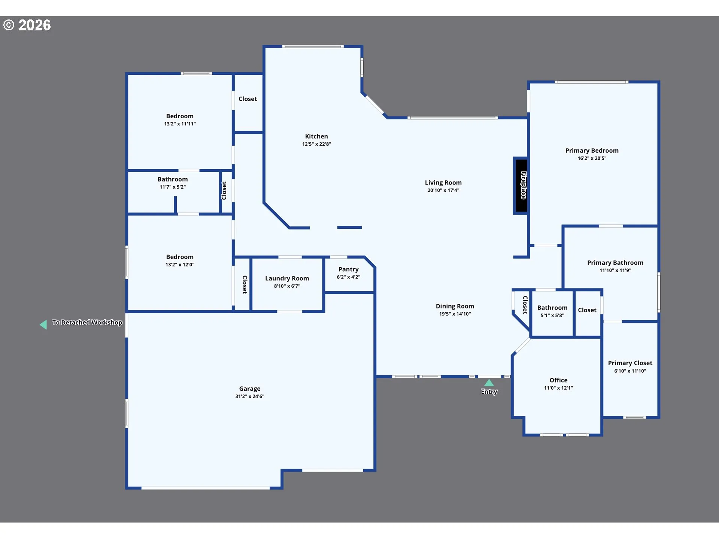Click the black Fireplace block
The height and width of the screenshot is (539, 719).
click(x=521, y=185)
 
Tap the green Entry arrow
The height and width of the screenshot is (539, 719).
click(x=489, y=383)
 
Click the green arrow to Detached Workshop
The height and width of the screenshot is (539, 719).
click(x=43, y=324)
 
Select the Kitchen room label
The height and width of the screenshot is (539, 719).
click(x=316, y=136)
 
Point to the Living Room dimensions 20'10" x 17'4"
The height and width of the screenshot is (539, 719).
click(x=443, y=190)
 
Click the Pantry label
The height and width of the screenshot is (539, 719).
click(x=348, y=269)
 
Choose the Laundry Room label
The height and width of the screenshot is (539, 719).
click(x=287, y=278)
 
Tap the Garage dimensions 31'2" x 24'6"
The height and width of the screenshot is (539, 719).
click(x=250, y=396)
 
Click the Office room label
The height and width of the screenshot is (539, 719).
click(x=558, y=380)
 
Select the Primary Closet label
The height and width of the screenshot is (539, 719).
click(x=630, y=363)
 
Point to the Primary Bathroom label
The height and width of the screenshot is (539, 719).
click(x=615, y=263)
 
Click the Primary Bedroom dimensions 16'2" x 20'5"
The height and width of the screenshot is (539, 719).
click(x=592, y=158)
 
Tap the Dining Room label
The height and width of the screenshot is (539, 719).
click(x=455, y=306)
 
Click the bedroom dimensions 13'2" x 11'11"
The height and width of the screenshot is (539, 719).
click(x=180, y=124)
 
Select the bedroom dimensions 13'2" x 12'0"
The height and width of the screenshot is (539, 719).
click(x=180, y=265)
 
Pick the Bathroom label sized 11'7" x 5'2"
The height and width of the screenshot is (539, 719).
click(x=173, y=179)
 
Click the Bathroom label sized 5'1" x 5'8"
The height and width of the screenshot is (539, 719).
click(x=552, y=308)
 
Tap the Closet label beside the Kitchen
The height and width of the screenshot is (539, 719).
click(x=248, y=99)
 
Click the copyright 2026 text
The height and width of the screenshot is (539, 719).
click(x=27, y=25)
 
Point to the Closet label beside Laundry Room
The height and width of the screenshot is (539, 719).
click(x=245, y=284)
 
